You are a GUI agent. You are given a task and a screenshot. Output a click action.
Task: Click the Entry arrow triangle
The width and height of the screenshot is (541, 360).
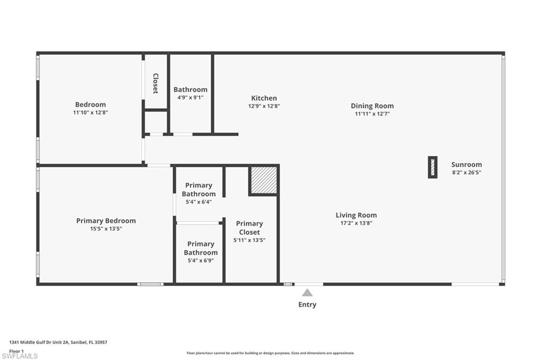307,292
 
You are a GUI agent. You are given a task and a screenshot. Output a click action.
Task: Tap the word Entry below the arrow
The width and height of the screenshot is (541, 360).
307,305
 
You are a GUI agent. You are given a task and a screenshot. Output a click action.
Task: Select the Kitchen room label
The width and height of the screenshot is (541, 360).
264,98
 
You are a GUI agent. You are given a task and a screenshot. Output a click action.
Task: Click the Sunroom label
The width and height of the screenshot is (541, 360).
467,164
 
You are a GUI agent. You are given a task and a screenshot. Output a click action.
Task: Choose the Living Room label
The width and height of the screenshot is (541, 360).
356,215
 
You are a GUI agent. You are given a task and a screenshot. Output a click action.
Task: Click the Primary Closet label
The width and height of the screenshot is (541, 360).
249,228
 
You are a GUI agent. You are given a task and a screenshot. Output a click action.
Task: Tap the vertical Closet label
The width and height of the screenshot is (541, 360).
155,83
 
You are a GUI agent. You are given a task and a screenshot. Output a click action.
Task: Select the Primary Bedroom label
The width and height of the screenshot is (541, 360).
106,221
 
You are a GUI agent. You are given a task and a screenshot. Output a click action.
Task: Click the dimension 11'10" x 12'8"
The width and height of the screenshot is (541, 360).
90,112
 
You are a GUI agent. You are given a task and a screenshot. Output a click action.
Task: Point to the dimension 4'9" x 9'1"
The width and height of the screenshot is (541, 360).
190,97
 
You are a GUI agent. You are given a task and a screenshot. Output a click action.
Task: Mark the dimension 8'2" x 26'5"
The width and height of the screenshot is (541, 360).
467,172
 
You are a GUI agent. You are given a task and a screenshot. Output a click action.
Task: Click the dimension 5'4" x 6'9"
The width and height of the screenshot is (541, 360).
201,260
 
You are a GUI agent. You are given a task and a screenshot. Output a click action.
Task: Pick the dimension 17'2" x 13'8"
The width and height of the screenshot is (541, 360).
356,223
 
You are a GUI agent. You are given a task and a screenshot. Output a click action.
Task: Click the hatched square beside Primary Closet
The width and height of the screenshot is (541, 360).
264,180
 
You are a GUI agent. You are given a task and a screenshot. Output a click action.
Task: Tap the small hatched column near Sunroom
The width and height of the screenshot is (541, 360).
433,167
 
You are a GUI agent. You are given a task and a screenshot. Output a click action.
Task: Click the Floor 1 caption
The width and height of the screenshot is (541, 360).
16,350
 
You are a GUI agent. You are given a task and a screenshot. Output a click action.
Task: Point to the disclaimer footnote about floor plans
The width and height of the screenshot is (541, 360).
270,353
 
